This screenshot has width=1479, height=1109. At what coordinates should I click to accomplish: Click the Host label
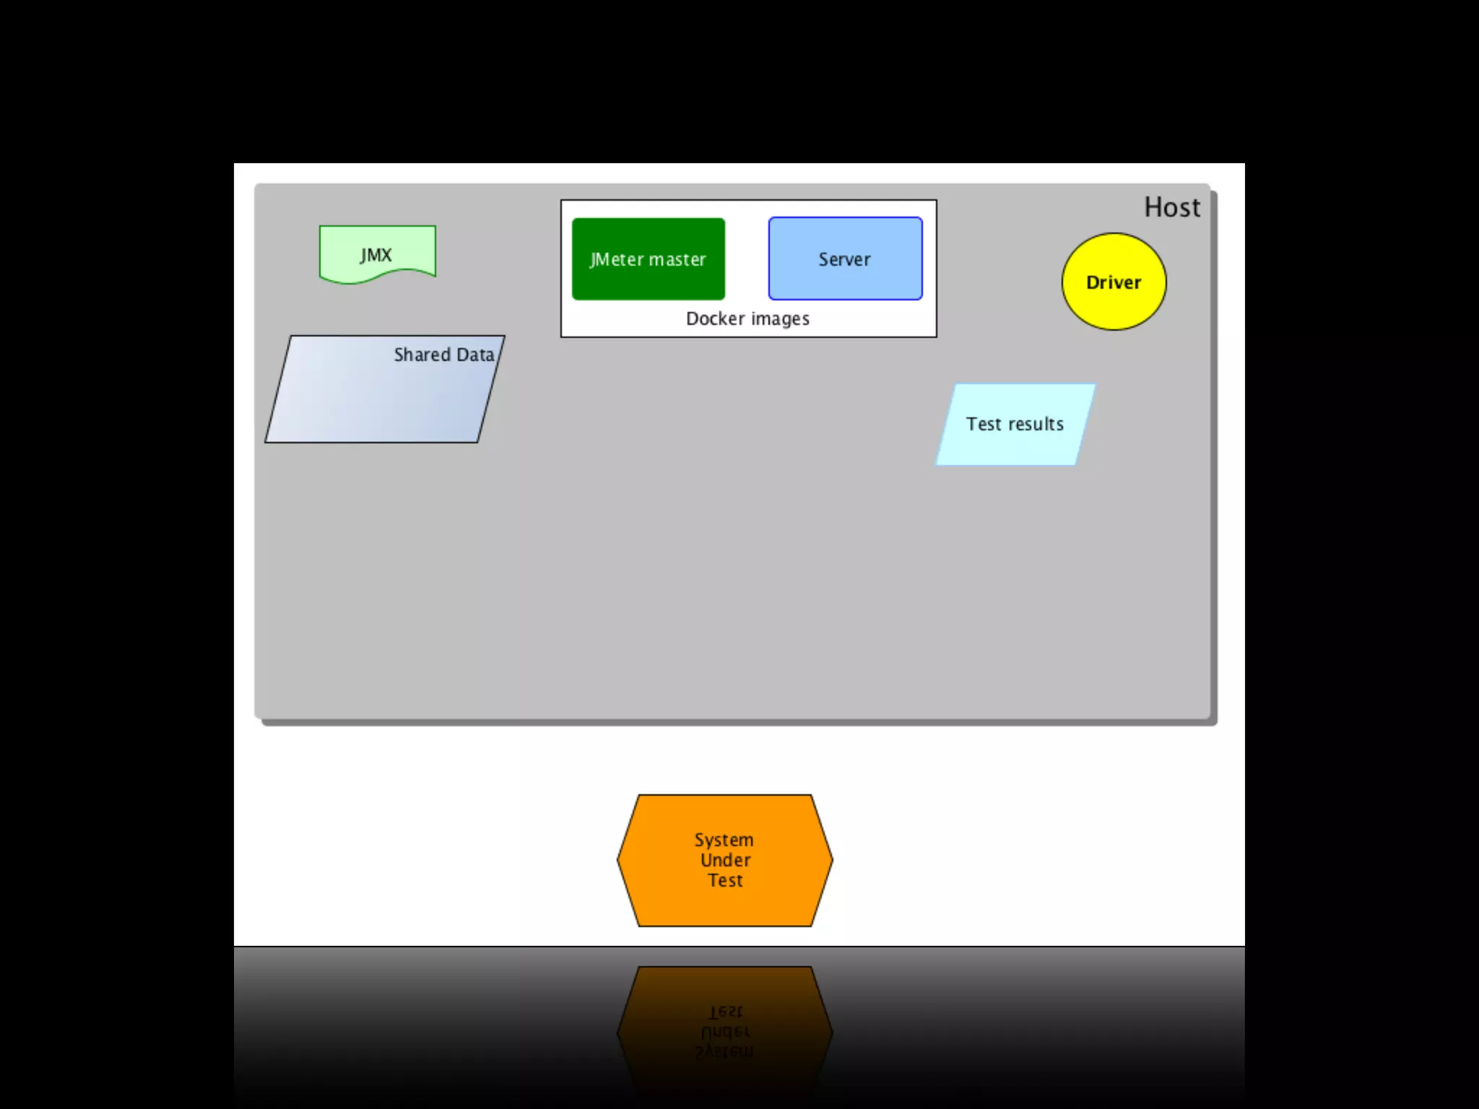click(1171, 208)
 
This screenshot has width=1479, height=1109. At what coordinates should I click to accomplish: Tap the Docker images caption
click(747, 319)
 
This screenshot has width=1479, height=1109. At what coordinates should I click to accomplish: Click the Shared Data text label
click(443, 355)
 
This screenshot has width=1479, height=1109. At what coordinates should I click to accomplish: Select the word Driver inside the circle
click(1114, 282)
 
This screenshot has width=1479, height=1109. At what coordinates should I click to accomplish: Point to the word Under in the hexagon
click(725, 860)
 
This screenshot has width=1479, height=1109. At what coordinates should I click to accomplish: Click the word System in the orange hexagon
click(724, 840)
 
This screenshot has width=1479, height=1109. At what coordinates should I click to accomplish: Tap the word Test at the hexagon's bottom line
click(725, 880)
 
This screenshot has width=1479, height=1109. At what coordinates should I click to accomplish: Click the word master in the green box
click(677, 260)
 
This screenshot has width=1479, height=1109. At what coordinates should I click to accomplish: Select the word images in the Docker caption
click(780, 319)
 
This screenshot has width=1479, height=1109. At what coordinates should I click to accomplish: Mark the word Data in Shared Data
click(475, 355)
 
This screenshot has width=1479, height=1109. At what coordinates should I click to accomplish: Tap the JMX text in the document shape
click(376, 255)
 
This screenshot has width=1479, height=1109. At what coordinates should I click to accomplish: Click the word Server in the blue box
click(844, 260)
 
